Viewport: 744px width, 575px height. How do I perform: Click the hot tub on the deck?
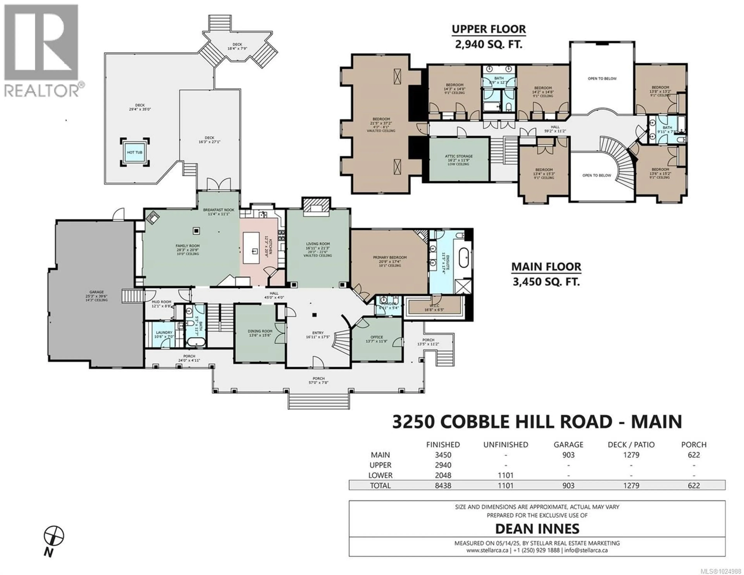[x=135, y=152]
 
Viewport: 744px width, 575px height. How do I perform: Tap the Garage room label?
[x=96, y=292]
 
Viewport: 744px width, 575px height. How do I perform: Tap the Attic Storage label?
[x=459, y=156]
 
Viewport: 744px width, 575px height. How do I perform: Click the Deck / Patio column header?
[x=631, y=445]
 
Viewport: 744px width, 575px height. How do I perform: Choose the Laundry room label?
[x=164, y=333]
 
